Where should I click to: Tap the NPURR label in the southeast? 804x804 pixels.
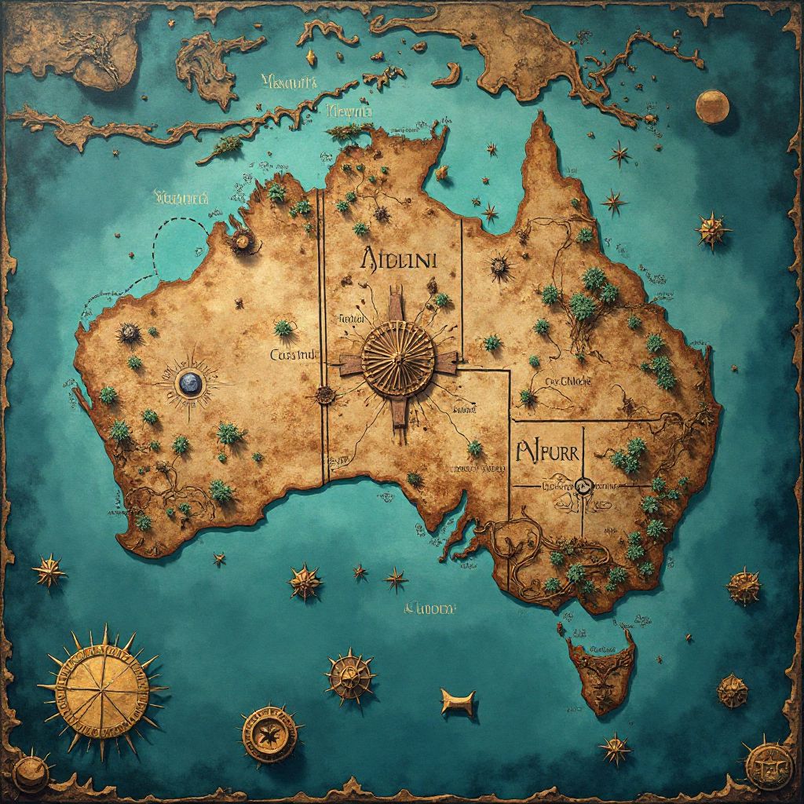pos(547,452)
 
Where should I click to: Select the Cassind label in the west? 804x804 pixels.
pos(291,355)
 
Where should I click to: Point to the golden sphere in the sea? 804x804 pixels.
pos(711,106)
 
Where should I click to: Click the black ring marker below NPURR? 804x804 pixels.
pos(583,487)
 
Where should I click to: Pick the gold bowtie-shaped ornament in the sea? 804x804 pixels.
pos(458,701)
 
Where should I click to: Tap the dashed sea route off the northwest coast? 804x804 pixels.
pos(169,251)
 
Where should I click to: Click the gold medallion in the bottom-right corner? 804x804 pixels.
pos(762,762)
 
